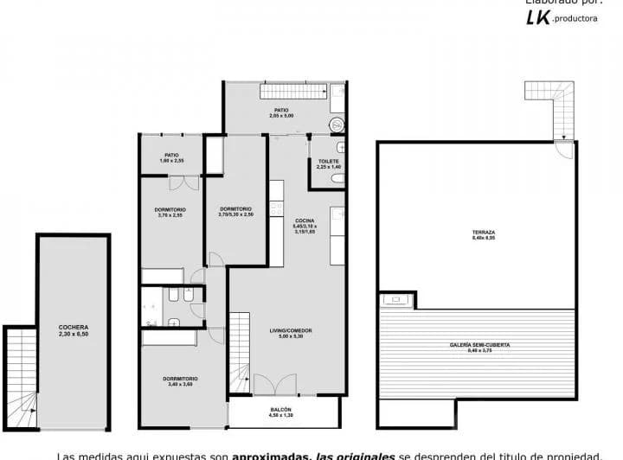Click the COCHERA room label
(x=74, y=327)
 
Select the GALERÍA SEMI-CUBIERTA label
(x=478, y=344)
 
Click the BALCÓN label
(x=280, y=409)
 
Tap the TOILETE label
(x=329, y=161)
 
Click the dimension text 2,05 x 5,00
(x=281, y=116)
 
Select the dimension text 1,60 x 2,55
(x=171, y=162)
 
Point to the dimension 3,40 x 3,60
(x=180, y=385)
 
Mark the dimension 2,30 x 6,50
(x=74, y=334)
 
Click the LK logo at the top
(x=536, y=17)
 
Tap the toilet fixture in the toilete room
(x=337, y=179)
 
